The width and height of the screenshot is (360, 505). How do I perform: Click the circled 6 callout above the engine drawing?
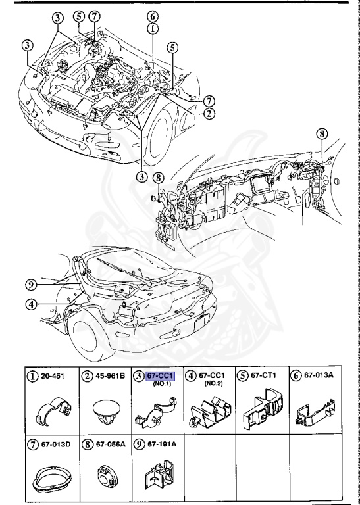click(152, 16)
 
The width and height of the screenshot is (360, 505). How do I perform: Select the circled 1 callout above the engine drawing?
click(152, 28)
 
